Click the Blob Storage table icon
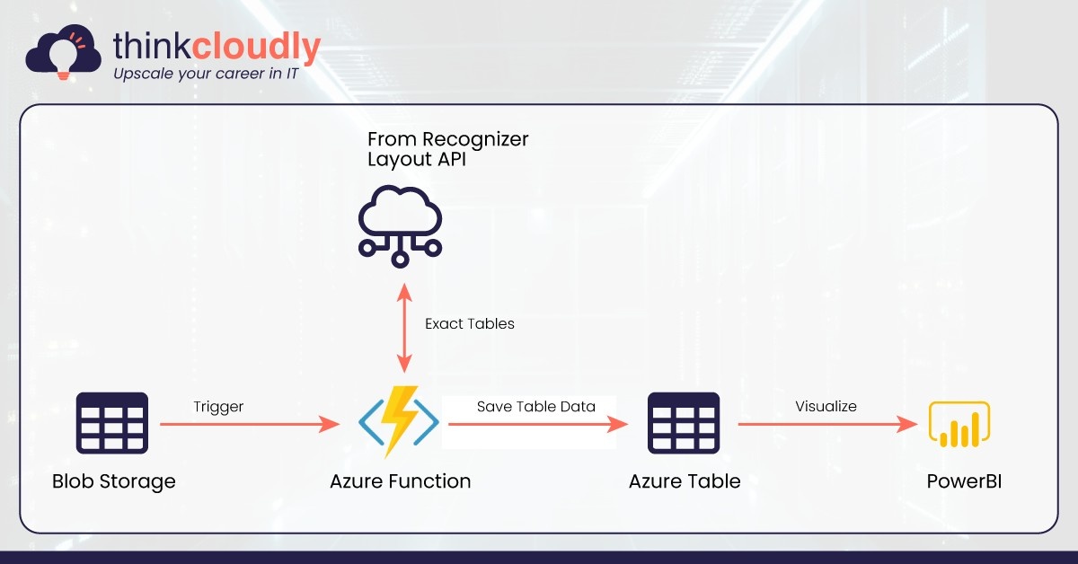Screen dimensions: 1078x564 (x=112, y=423)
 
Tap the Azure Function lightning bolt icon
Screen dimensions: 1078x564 (x=399, y=421)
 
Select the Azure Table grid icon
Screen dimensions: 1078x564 (x=684, y=423)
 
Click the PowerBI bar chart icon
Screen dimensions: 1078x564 (x=959, y=424)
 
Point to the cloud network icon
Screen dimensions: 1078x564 (x=400, y=226)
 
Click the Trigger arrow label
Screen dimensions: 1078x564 (x=218, y=407)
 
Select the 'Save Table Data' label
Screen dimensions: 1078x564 (x=536, y=407)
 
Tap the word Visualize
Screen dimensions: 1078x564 (x=826, y=406)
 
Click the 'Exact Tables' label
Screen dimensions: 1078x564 (x=470, y=323)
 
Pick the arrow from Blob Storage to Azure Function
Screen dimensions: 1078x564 (x=251, y=424)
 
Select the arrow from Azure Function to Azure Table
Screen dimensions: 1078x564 (x=538, y=424)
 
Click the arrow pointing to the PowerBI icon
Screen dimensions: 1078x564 (x=827, y=424)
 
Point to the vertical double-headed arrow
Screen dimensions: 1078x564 (x=404, y=328)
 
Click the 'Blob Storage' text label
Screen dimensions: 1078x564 (x=113, y=481)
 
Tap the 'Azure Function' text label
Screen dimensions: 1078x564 (x=401, y=481)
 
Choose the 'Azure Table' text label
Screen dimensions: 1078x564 (x=685, y=481)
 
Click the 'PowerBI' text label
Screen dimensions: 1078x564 (x=964, y=481)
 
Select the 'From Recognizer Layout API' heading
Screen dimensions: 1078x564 (x=448, y=149)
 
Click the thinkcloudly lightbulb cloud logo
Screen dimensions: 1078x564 (x=63, y=52)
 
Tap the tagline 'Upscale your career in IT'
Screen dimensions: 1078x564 (x=206, y=74)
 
